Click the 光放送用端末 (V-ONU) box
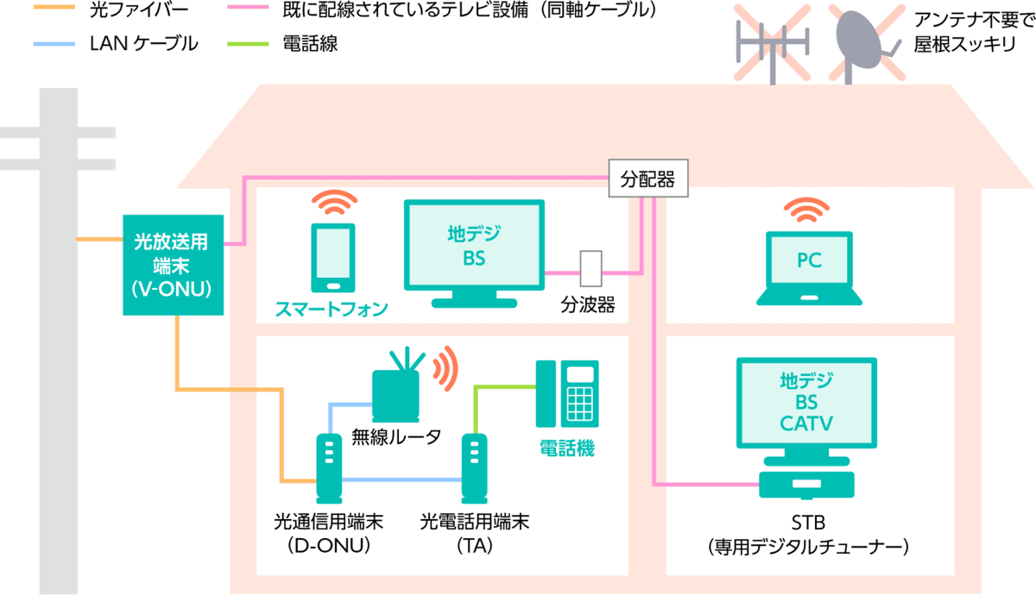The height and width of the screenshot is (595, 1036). point(173,265)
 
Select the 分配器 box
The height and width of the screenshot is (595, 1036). point(648,178)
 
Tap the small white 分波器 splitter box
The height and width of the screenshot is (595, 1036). point(591,269)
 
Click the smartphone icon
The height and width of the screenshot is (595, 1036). point(333,258)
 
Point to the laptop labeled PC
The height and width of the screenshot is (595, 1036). point(809,268)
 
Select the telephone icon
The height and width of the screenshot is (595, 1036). point(567,393)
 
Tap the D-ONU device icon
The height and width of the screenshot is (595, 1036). point(329,468)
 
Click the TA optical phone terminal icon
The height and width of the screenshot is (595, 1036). point(474,468)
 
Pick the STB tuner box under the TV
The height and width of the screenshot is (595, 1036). point(806,485)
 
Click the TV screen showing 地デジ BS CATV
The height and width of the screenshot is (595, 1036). point(806,403)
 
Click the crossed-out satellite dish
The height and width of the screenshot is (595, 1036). point(866,44)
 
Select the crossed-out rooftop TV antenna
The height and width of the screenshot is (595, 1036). point(773,44)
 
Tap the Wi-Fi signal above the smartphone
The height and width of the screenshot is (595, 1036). point(334,203)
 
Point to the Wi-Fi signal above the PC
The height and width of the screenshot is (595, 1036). point(806,210)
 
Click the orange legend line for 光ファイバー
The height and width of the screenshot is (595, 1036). point(54,7)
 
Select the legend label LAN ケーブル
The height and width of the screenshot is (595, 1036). point(144,44)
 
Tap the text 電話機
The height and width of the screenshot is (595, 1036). point(567,448)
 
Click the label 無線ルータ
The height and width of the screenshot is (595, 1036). point(396,436)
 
